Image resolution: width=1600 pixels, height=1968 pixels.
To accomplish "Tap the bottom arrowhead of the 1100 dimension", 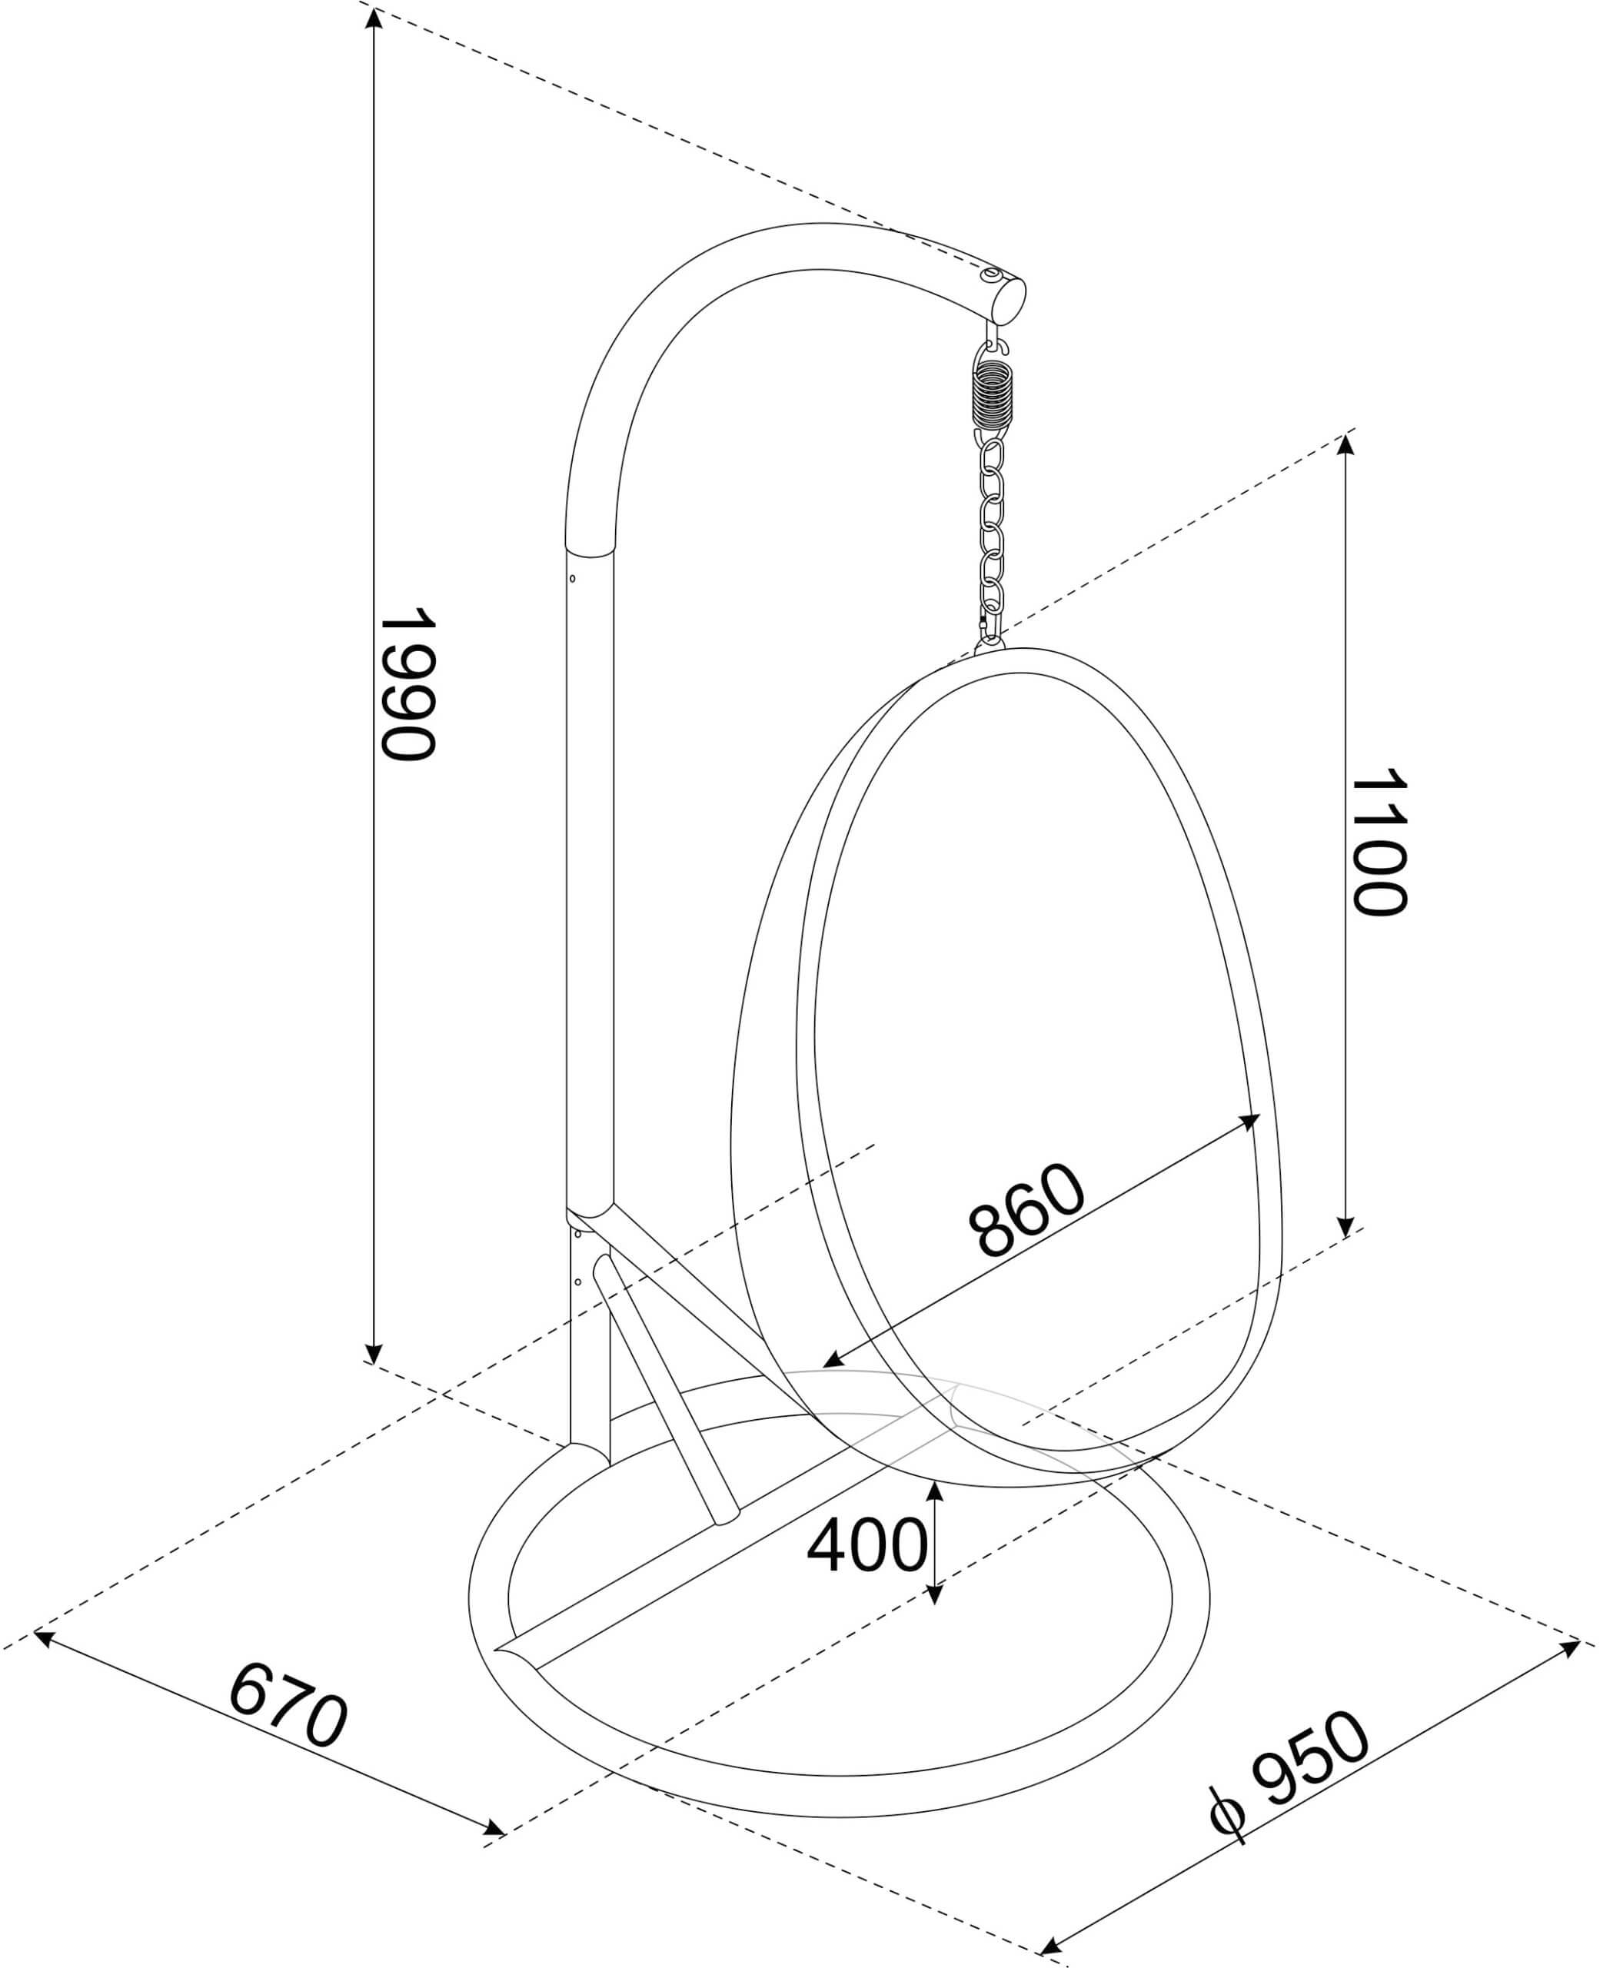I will pos(1346,1227).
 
